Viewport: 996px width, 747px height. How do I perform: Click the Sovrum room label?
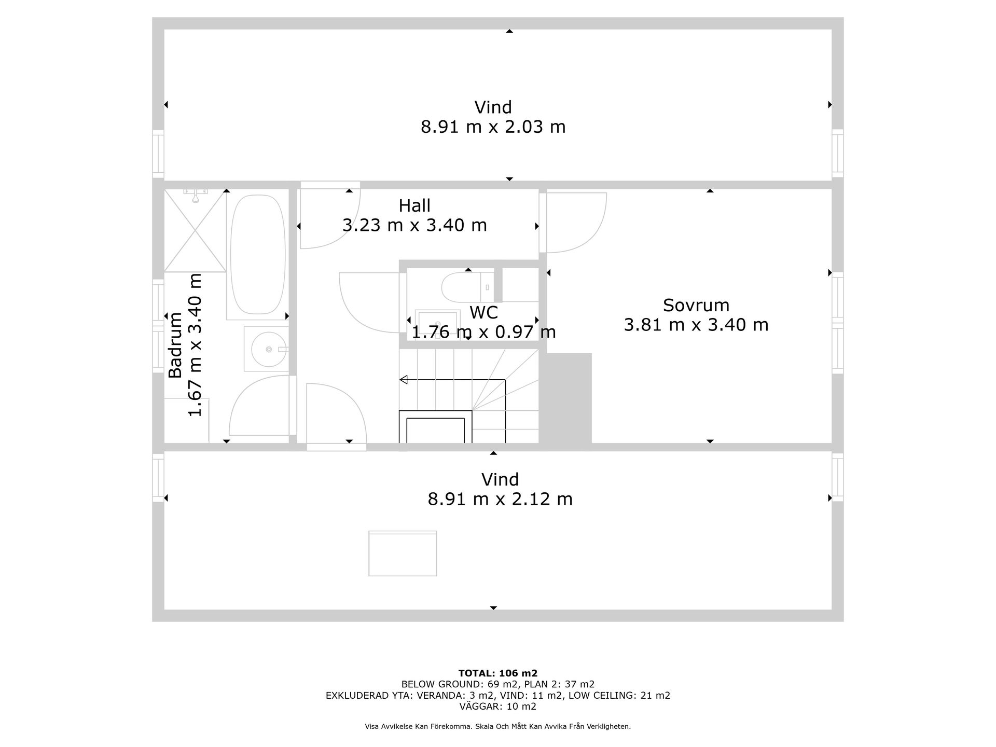click(x=696, y=305)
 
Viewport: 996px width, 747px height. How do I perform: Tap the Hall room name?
click(x=414, y=206)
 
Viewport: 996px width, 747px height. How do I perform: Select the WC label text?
click(x=483, y=313)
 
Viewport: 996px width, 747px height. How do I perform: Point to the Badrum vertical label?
click(x=175, y=345)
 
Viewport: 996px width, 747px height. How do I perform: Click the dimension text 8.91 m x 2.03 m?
click(x=493, y=127)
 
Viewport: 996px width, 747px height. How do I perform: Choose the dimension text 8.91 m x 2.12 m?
click(x=500, y=499)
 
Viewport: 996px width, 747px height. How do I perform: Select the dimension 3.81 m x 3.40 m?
click(x=696, y=325)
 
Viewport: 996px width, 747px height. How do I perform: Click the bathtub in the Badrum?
click(x=258, y=254)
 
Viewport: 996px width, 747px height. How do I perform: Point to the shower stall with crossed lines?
click(x=195, y=230)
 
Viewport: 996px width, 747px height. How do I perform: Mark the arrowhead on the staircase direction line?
click(x=403, y=380)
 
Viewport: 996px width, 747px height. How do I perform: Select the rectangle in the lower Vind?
click(x=403, y=553)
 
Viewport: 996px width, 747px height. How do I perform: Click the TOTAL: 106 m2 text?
click(x=498, y=673)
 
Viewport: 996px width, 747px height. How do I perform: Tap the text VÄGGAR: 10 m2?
click(x=498, y=707)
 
